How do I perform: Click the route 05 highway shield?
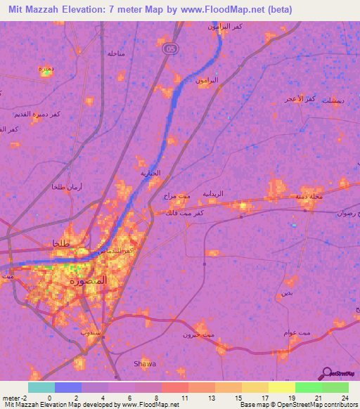(x=169, y=49)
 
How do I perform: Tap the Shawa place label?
(x=145, y=363)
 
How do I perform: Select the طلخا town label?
(x=64, y=244)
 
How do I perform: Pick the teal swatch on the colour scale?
(x=41, y=387)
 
